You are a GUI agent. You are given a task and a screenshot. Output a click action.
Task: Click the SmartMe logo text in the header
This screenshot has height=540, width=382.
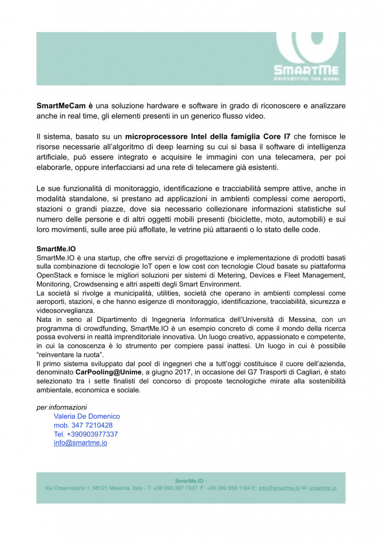tap(306, 70)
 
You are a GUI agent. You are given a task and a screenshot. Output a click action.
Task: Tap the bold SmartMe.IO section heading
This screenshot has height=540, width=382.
tap(56, 248)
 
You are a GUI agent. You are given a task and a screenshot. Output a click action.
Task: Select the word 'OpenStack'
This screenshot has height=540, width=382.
tap(54, 275)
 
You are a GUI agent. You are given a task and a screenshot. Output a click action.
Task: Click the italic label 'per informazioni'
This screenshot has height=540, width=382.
tap(62, 407)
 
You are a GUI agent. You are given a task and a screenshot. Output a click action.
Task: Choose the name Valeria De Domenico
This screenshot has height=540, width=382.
tap(87, 416)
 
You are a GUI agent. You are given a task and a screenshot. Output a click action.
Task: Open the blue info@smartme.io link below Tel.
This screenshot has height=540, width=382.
tap(80, 443)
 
